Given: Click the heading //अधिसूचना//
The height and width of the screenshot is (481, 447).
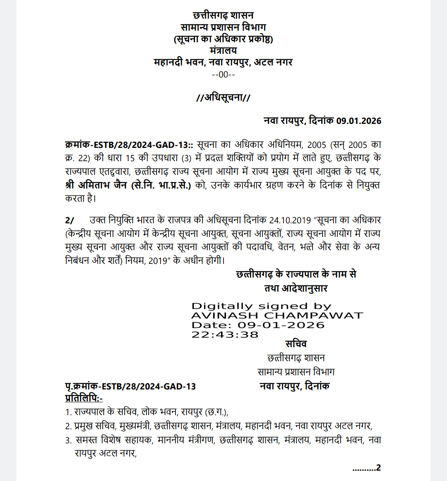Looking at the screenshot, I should tap(223, 98).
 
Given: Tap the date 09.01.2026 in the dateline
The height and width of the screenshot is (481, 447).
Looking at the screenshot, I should tap(358, 121).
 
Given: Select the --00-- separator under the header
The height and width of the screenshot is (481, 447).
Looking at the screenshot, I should tap(223, 75).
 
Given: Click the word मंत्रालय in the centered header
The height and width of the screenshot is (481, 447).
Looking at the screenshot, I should tap(223, 51).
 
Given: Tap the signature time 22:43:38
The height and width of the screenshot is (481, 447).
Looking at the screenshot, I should tap(225, 335).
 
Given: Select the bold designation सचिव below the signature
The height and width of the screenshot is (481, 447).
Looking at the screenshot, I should tap(296, 344).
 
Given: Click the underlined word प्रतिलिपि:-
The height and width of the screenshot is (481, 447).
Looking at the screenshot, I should tap(84, 399).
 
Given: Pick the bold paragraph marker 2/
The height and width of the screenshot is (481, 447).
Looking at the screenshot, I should tap(70, 220).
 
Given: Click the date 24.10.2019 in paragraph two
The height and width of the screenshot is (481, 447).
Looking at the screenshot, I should tap(290, 220).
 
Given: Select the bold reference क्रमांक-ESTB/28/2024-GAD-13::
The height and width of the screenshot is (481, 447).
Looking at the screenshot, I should tap(129, 145).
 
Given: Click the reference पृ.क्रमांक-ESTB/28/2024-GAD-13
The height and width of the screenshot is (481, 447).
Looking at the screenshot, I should tap(130, 387).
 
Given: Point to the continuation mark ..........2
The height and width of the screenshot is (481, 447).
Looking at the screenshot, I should tap(366, 468).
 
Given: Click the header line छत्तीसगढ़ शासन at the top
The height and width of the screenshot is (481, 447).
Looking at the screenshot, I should tap(223, 16).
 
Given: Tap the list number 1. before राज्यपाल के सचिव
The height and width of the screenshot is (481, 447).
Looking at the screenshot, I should tap(68, 412).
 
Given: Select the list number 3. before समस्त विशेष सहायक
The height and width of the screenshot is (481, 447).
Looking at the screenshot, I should tap(68, 440).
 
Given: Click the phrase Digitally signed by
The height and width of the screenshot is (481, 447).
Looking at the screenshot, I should tap(261, 306).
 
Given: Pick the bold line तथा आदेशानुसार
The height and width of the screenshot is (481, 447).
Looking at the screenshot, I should tap(296, 288).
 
